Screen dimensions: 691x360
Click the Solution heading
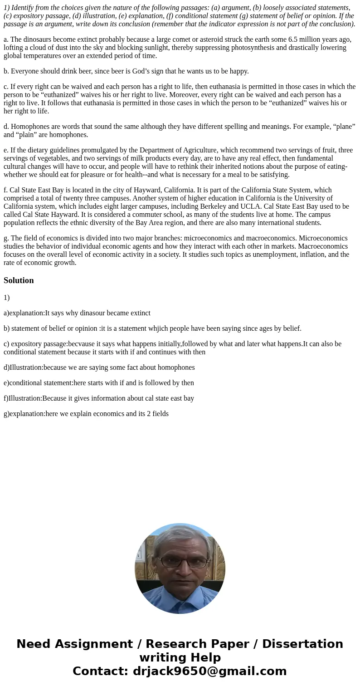click(x=19, y=280)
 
